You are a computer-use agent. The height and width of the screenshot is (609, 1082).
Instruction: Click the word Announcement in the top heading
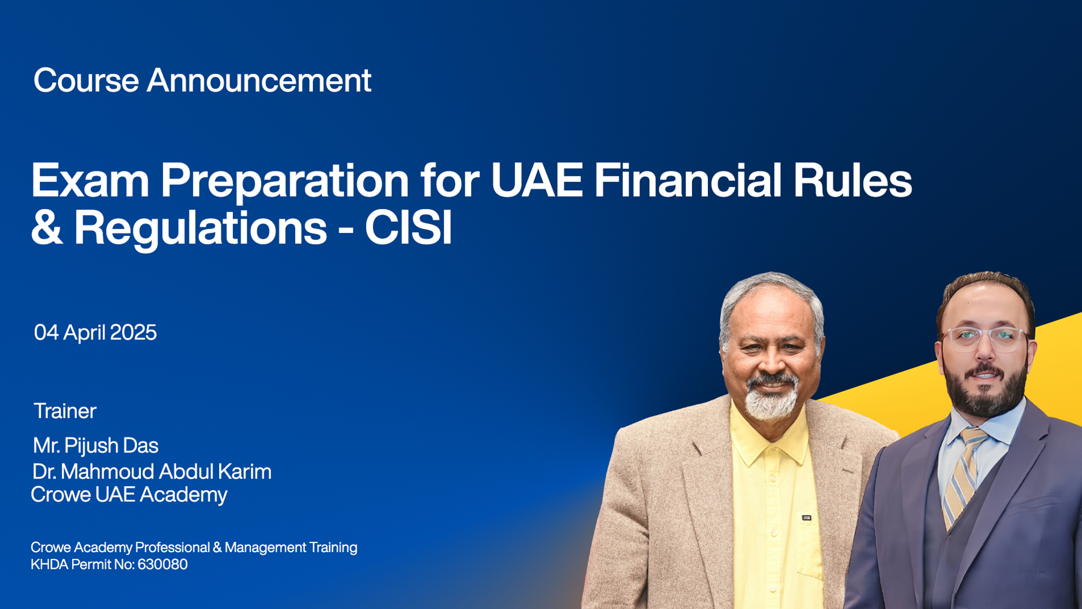coord(259,80)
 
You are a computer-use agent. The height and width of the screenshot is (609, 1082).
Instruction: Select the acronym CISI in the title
coord(409,228)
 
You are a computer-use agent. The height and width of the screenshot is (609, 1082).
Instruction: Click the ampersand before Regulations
coord(47,228)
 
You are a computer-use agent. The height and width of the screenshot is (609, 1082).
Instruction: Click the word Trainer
coord(65,411)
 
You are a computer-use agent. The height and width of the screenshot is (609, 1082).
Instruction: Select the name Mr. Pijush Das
coord(96,445)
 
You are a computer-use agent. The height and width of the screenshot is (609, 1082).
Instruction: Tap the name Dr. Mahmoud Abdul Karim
coord(152,471)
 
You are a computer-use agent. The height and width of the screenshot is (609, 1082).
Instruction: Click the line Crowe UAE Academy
coord(129,495)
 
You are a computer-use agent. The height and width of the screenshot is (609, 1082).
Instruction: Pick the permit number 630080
coord(162,564)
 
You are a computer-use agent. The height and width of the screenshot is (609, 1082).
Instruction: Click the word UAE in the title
coord(537,180)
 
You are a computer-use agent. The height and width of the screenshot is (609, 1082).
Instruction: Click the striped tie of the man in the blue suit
coord(965,474)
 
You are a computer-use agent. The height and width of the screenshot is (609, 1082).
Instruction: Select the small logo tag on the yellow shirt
coord(806,517)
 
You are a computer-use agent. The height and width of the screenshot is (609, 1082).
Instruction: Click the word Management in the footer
coord(265,548)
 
